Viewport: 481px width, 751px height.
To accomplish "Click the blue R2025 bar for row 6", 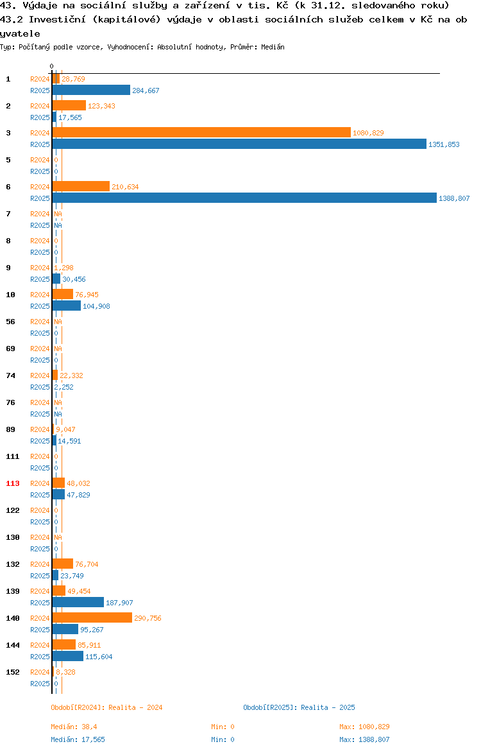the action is [244, 198].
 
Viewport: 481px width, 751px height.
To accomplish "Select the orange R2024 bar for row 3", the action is [201, 133].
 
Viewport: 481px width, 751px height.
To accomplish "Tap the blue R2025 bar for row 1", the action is [92, 90].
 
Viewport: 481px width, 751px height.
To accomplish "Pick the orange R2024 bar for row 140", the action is [92, 618].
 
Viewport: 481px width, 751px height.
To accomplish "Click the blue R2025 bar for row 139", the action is [78, 602].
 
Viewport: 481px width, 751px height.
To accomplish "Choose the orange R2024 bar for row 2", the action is [69, 105].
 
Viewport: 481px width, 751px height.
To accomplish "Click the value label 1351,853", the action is [444, 144].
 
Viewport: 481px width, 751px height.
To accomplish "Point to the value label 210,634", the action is [125, 187].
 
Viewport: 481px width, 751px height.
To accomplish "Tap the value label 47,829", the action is [78, 495].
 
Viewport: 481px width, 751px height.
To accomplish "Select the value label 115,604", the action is [99, 657].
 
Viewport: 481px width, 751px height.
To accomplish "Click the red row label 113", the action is [12, 483].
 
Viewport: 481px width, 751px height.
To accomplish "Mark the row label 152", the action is [12, 672].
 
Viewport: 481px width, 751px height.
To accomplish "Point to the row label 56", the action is [10, 322].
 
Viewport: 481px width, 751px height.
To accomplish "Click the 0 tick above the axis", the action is [52, 66].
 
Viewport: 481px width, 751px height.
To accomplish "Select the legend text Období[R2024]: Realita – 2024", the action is [106, 707].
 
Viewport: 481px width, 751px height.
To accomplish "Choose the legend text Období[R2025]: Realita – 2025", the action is [299, 707].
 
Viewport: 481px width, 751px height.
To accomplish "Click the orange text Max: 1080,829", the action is [364, 727].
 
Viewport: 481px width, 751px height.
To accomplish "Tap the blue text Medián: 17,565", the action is [78, 739].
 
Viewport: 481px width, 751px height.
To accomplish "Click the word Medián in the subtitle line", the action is [273, 47].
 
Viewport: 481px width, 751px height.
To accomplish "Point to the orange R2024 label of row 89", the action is [40, 429].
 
